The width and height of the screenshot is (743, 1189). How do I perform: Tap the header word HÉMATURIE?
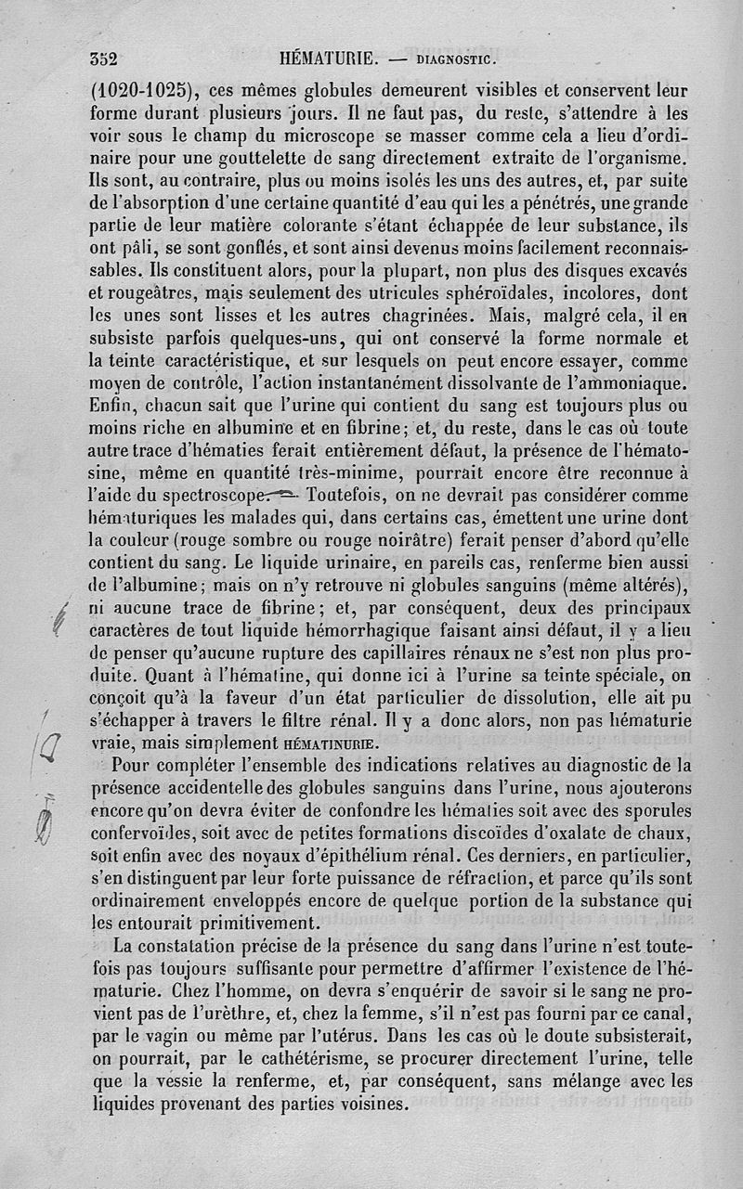click(329, 60)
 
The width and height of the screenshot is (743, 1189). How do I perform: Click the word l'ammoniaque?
click(622, 382)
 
